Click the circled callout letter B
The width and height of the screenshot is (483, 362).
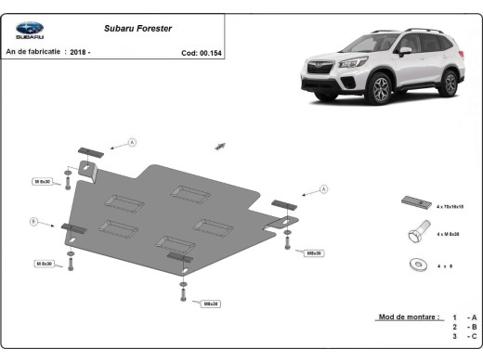coord(34,221)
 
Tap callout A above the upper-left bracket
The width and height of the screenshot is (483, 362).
coord(132,142)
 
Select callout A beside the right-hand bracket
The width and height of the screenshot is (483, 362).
coord(324,189)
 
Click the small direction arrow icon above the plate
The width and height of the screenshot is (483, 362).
coord(220,146)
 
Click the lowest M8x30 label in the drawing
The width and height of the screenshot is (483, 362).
coord(211,304)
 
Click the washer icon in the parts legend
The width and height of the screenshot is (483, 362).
coord(415,264)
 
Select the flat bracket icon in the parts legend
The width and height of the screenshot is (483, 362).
coord(414,202)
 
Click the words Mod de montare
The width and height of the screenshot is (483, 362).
coord(409,317)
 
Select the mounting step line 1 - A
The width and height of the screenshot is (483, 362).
coord(465,317)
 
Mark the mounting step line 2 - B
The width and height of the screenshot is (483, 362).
coord(465,328)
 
